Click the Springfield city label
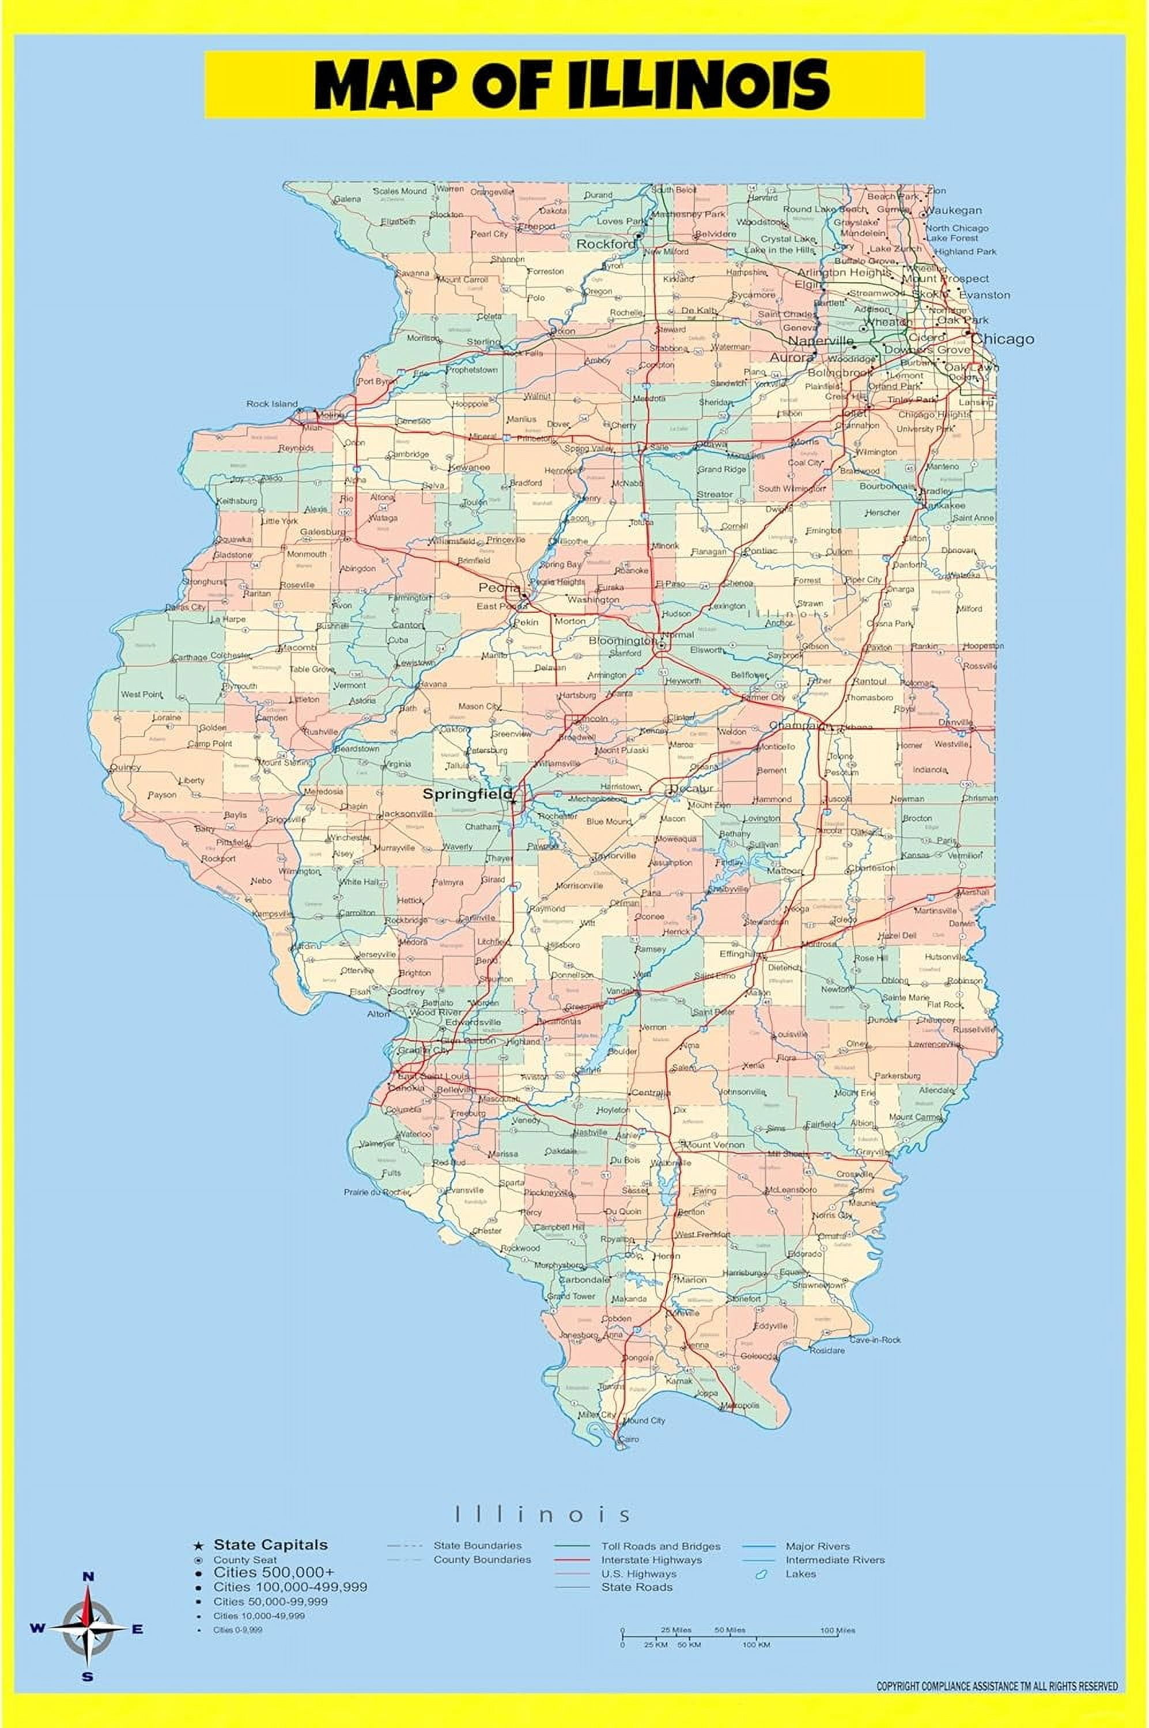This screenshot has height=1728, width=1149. tap(467, 793)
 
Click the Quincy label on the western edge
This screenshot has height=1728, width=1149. tap(124, 768)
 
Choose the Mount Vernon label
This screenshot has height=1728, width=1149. tap(715, 1144)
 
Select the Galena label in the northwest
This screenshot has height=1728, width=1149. tap(347, 199)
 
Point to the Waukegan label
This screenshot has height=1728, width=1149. tap(953, 210)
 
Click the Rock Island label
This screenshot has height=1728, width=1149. tap(272, 404)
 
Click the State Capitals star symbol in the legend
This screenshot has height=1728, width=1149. tap(198, 1545)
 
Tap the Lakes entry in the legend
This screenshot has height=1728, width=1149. tap(800, 1574)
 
